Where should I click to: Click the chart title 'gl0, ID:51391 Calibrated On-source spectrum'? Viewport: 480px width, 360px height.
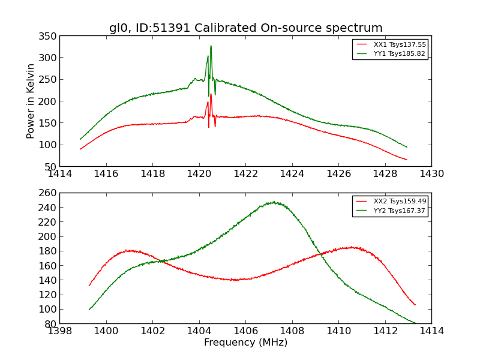[x=245, y=28]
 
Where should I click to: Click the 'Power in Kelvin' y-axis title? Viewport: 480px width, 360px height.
[x=31, y=101]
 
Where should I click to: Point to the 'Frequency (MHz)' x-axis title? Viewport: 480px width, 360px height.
[x=245, y=343]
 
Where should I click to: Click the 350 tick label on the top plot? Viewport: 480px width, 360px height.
[x=49, y=36]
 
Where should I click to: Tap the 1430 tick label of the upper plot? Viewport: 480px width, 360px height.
[x=431, y=174]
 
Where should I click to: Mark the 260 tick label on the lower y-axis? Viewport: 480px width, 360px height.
[x=49, y=193]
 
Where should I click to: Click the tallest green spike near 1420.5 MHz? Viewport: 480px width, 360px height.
[x=211, y=46]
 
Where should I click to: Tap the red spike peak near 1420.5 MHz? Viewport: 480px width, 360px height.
[x=211, y=94]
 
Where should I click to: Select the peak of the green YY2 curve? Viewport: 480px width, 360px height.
[x=274, y=202]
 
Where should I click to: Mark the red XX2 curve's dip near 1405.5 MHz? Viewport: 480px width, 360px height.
[x=235, y=280]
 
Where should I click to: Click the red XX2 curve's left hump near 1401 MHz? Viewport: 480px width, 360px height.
[x=129, y=250]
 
